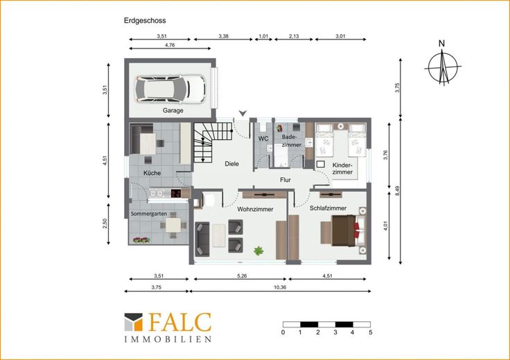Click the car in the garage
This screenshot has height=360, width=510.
[x=170, y=89]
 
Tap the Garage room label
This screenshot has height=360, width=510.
[x=173, y=111]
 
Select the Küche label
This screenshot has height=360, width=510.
[x=152, y=173]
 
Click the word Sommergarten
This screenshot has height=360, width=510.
[x=149, y=214]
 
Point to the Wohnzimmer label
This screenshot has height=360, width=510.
[x=255, y=209]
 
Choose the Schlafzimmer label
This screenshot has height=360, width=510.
[x=328, y=208]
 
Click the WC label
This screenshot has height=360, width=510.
[x=263, y=138]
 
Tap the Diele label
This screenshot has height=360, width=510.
[x=231, y=164]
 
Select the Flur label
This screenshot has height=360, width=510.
[x=285, y=180]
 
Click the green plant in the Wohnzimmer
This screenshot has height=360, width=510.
[x=258, y=251]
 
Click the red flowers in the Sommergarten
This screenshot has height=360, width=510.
[x=141, y=240]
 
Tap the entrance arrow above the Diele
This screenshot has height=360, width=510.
[x=243, y=113]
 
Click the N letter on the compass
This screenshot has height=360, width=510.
[x=441, y=44]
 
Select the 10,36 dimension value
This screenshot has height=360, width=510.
[x=280, y=287]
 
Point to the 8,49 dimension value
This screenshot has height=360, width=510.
[x=397, y=190]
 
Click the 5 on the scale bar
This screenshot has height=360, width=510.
[x=371, y=332]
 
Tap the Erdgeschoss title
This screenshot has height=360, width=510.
[x=145, y=21]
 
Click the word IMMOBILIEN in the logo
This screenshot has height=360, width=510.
[x=168, y=339]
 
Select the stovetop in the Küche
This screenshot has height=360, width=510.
[x=176, y=194]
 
